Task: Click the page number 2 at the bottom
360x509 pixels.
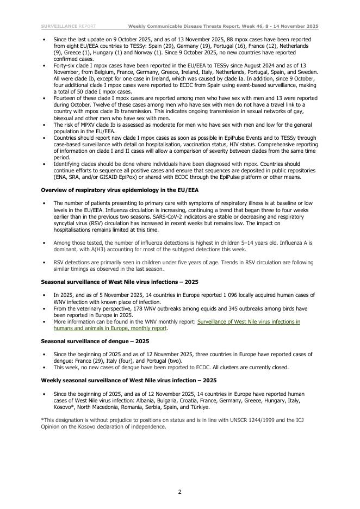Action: pyautogui.click(x=180, y=492)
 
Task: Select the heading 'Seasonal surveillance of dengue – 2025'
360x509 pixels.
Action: pyautogui.click(x=95, y=341)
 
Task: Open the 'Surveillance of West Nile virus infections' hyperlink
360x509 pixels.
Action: pyautogui.click(x=249, y=322)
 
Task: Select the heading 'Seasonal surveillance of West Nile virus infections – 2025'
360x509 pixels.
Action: pyautogui.click(x=120, y=282)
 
